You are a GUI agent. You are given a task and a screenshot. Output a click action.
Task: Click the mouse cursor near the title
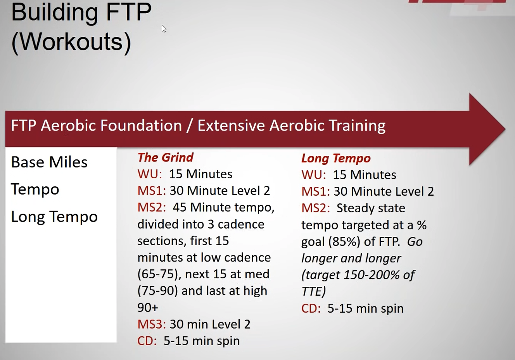click(x=164, y=29)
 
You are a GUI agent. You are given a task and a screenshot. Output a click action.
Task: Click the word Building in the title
click(x=55, y=13)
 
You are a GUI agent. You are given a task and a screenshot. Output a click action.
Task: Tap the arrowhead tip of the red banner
click(x=505, y=129)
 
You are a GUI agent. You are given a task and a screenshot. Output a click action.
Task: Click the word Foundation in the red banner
click(x=141, y=126)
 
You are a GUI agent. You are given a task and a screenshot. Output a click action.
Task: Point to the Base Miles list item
click(x=49, y=162)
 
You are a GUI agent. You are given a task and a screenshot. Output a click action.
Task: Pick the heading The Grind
click(x=165, y=158)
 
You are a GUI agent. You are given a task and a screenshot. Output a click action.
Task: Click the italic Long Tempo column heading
click(x=336, y=158)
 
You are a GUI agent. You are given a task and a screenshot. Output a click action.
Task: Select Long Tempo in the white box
click(x=54, y=217)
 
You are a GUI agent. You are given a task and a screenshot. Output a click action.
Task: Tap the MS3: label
click(x=152, y=324)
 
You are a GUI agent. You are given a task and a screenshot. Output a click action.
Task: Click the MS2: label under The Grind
click(x=152, y=207)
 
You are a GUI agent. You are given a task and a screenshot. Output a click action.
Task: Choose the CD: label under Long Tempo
click(x=311, y=308)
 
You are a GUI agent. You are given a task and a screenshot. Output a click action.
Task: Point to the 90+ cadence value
click(x=148, y=307)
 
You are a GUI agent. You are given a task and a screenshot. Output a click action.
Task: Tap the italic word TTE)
click(x=314, y=291)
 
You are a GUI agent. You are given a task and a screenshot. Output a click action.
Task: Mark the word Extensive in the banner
click(x=231, y=126)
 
